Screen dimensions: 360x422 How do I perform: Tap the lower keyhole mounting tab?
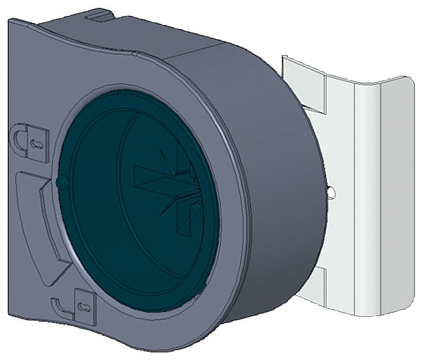coord(83,304)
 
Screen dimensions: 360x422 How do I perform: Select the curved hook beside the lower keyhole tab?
coord(59,306)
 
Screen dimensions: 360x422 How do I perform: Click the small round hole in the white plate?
coord(331,190)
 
